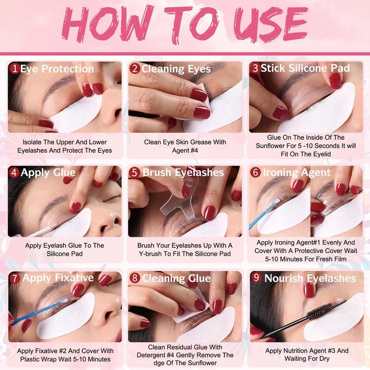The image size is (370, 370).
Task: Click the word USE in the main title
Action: (x=271, y=25)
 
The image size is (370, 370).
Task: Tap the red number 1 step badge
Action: (x=15, y=68)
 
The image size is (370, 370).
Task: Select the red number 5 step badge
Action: (x=135, y=172)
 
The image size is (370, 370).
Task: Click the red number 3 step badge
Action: (x=255, y=68)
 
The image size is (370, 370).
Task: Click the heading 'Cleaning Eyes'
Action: (x=176, y=69)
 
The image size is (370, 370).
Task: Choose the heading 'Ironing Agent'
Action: (x=297, y=173)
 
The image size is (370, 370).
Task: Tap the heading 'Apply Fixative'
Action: (x=58, y=278)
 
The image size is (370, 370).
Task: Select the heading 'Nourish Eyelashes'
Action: (x=310, y=278)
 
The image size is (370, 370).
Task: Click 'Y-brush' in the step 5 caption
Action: (x=150, y=254)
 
